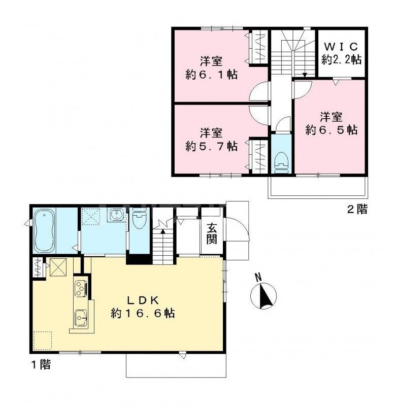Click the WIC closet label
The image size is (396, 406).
pyautogui.click(x=341, y=47)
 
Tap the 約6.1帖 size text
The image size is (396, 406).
pyautogui.click(x=211, y=75)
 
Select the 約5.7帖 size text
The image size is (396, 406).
pyautogui.click(x=211, y=147)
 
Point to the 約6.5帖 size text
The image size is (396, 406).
pyautogui.click(x=331, y=130)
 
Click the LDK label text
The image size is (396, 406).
pyautogui.click(x=143, y=300)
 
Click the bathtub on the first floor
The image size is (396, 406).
pyautogui.click(x=44, y=230)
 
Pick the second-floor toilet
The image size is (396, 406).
pyautogui.click(x=281, y=162)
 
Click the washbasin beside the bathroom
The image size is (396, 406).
pyautogui.click(x=116, y=215)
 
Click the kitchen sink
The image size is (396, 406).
pyautogui.click(x=81, y=318)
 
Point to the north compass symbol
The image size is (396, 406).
pyautogui.click(x=263, y=296)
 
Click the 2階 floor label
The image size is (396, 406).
pyautogui.click(x=357, y=209)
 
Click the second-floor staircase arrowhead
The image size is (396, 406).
pyautogui.click(x=305, y=75)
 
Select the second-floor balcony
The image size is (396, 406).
pyautogui.click(x=317, y=187)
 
